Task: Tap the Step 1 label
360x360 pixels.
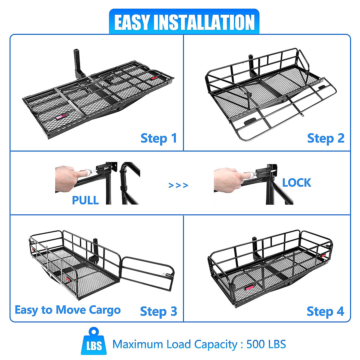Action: coord(159,138)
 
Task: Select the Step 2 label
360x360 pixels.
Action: coord(325,138)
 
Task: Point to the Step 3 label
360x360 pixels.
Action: coord(158,311)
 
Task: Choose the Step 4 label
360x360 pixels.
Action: coord(325,311)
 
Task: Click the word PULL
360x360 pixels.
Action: coord(85,200)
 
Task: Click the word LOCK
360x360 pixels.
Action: coord(296,183)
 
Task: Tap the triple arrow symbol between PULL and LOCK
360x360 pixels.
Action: coord(178,185)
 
